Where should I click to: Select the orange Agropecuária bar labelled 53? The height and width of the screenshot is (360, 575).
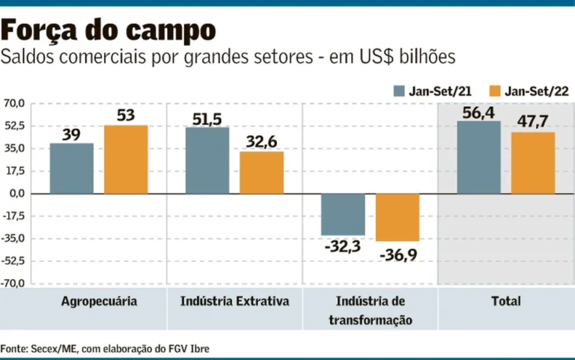tap(126, 159)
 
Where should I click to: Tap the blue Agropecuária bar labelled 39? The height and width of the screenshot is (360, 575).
tap(72, 168)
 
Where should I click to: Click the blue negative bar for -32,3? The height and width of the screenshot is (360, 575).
tap(343, 215)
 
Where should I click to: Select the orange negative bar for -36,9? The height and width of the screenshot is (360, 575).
tap(398, 218)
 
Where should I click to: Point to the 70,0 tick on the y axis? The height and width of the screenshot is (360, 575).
tap(14, 103)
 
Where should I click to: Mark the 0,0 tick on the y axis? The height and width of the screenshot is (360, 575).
tap(16, 194)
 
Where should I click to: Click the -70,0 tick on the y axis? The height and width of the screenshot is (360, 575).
tap(14, 284)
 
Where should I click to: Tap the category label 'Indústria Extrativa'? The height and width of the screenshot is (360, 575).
tap(235, 302)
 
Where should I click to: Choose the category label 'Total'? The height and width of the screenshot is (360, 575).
tap(507, 302)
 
